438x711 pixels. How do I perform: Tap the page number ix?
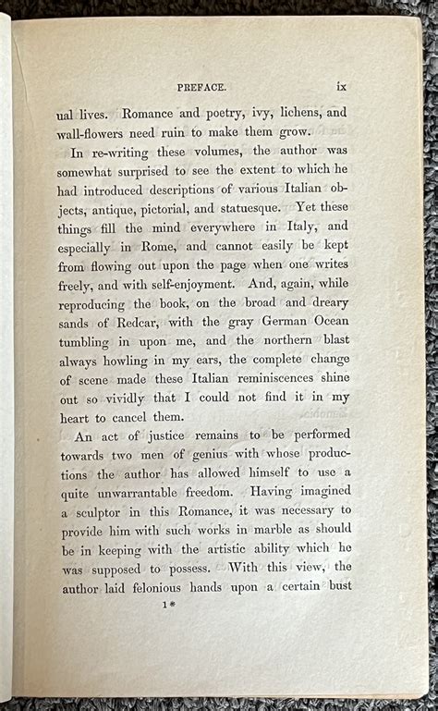pyautogui.click(x=341, y=86)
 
